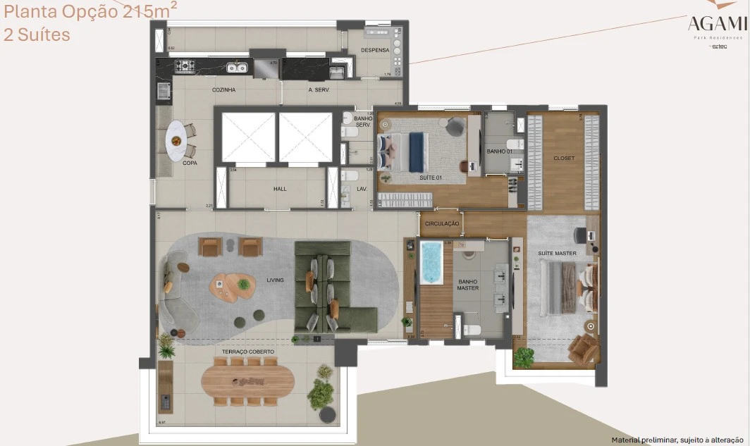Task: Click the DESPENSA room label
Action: tap(375, 51)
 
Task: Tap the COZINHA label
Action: tap(223, 90)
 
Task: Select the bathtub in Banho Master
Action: tap(431, 262)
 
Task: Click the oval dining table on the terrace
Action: tap(248, 381)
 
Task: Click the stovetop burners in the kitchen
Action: tap(185, 67)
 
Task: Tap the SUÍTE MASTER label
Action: tap(557, 254)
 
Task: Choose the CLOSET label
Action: tap(564, 159)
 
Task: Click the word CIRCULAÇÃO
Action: tap(442, 224)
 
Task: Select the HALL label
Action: tap(280, 189)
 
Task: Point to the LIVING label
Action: tap(275, 280)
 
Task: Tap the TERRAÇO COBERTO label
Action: tap(248, 351)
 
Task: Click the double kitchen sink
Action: tap(237, 68)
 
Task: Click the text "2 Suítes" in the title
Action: tap(37, 35)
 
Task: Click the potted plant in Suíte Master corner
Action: tap(522, 357)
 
